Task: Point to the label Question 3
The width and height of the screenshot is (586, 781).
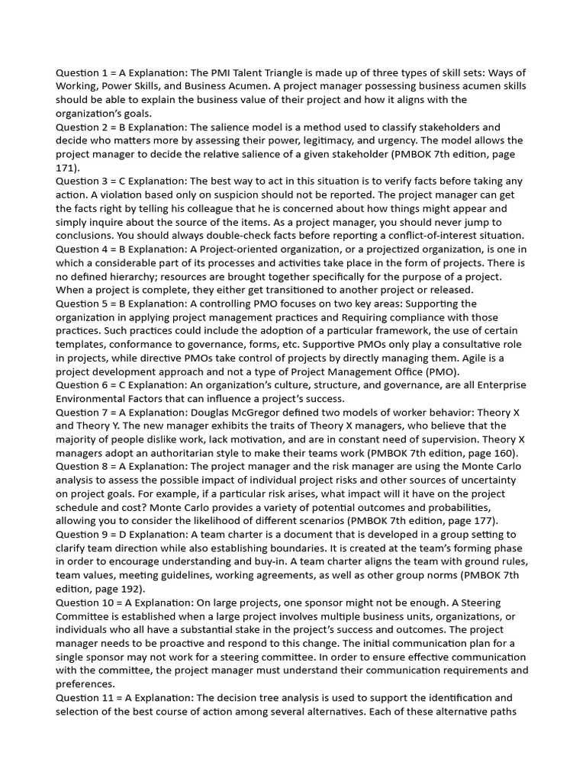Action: pos(83,182)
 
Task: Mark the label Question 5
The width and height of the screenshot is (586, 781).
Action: pos(83,304)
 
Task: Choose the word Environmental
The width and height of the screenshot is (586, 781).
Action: pos(95,399)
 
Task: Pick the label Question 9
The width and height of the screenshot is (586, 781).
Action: pos(83,535)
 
